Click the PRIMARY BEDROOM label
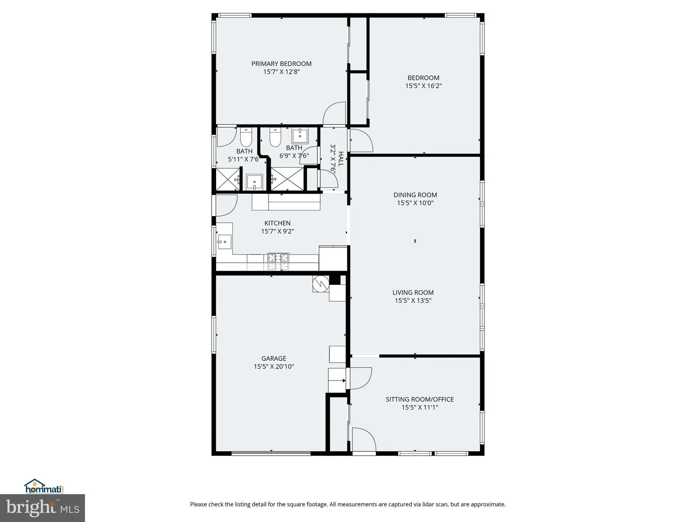(281, 64)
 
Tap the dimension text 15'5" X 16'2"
(423, 86)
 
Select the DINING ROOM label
(415, 195)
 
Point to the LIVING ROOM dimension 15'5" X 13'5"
(413, 301)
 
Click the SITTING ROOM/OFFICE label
(419, 399)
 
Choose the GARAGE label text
(274, 358)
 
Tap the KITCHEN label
(277, 223)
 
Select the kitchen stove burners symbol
(278, 258)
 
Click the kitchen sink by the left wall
(224, 241)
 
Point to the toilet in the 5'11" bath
(246, 138)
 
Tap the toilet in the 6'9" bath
(275, 138)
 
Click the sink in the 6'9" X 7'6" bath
(300, 136)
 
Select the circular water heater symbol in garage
(321, 284)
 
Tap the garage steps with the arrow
(337, 381)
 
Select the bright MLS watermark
(42, 508)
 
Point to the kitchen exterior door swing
(226, 205)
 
